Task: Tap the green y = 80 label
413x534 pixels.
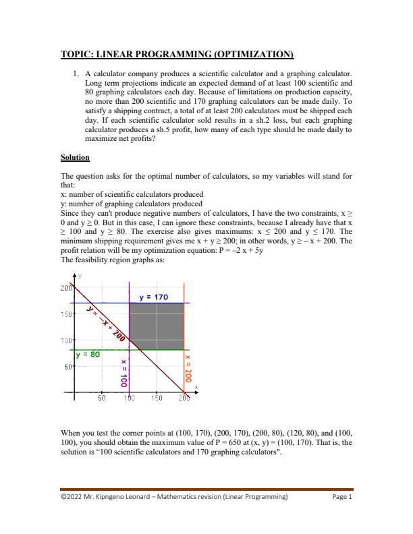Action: [x=88, y=353]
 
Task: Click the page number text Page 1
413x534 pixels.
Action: [x=342, y=498]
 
